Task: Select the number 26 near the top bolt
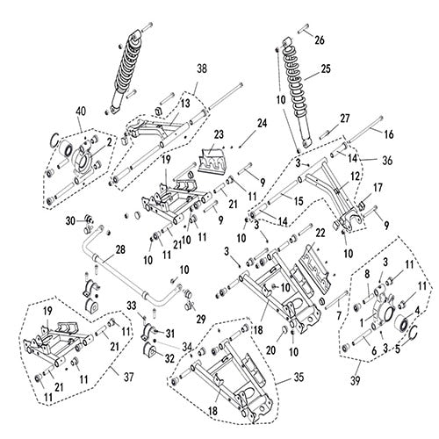320,40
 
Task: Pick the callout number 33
132,305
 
